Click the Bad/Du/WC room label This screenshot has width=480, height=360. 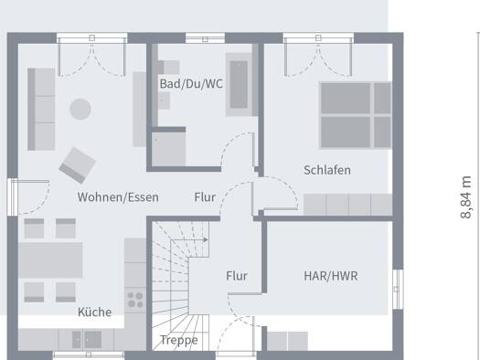point(191,84)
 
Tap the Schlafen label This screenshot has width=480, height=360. point(327,170)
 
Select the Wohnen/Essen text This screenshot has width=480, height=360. point(118,197)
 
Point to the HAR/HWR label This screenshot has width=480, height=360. point(331,276)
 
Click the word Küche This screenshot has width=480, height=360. point(94,312)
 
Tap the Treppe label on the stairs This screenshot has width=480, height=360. point(179,340)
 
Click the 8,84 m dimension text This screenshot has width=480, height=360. point(466,197)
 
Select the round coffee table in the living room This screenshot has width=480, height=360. point(80,109)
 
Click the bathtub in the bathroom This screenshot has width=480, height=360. point(239,85)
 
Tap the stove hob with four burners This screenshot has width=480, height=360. point(135,300)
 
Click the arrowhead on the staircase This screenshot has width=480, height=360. point(206,239)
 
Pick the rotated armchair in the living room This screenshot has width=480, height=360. point(77,165)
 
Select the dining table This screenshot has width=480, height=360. point(50,260)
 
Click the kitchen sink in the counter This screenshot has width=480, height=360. point(87,340)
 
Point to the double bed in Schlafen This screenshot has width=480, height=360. point(356,115)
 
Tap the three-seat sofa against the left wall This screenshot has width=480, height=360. point(41,110)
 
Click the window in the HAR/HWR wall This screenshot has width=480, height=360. point(398,290)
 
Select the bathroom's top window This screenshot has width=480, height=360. point(205,38)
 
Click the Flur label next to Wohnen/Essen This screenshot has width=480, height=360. point(205,197)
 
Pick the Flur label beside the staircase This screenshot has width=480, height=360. point(237,276)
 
